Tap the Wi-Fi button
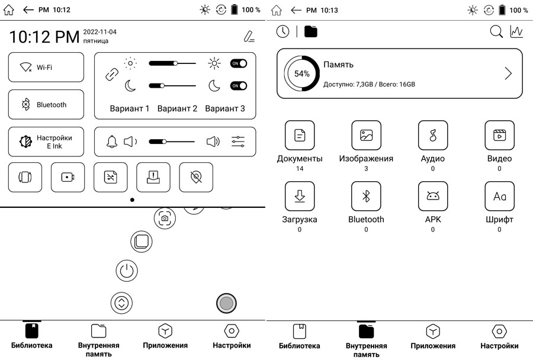click(46, 67)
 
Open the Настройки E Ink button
click(46, 142)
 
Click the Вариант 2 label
click(177, 109)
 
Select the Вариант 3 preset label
click(225, 109)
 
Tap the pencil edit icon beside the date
click(249, 36)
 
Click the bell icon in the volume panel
click(112, 142)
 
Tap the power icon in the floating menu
click(127, 271)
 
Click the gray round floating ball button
click(226, 303)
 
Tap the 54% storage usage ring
click(302, 73)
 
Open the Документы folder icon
click(300, 136)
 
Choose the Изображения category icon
click(366, 136)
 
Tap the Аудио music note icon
click(433, 136)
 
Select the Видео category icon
click(499, 136)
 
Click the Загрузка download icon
click(300, 196)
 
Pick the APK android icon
click(433, 196)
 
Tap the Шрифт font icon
click(499, 196)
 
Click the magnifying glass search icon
click(496, 31)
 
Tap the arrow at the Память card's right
click(508, 73)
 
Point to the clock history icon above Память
click(283, 31)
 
